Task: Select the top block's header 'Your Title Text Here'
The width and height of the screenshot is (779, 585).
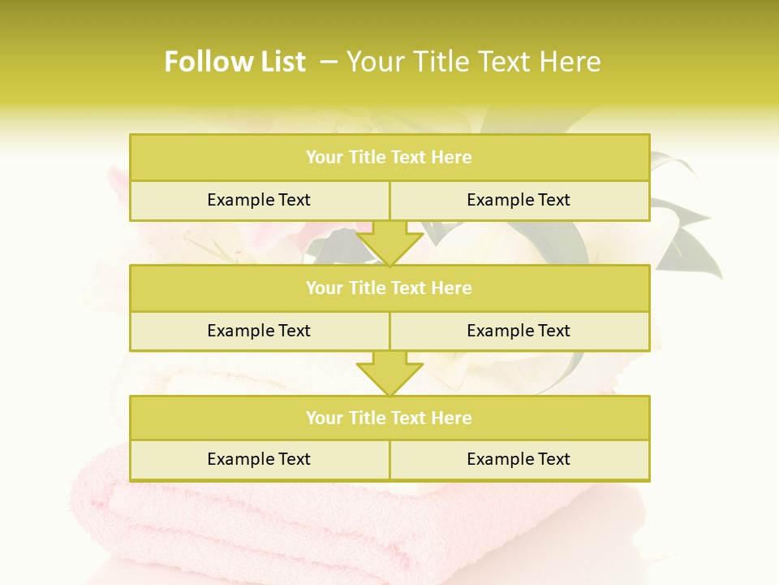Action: click(389, 158)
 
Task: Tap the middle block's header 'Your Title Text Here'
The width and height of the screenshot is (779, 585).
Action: click(389, 288)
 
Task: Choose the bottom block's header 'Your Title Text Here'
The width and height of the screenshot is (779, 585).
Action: click(389, 418)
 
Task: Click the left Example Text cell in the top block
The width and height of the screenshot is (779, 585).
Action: click(259, 201)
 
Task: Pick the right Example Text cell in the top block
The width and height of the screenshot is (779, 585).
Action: click(519, 201)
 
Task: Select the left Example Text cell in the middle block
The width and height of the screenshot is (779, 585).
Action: click(259, 331)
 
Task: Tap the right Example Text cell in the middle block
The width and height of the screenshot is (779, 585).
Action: click(519, 331)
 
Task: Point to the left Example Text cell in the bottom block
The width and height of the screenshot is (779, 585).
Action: click(259, 460)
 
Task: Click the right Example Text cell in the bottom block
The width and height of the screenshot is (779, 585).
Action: click(519, 460)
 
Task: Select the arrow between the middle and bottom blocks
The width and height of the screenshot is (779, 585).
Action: click(389, 373)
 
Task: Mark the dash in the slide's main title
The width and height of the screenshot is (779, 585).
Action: click(329, 62)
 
